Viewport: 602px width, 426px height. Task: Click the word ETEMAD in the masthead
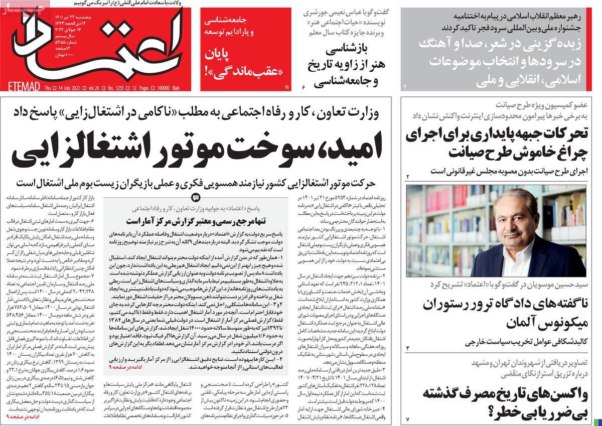(21, 88)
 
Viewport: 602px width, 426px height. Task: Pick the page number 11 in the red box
(287, 87)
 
